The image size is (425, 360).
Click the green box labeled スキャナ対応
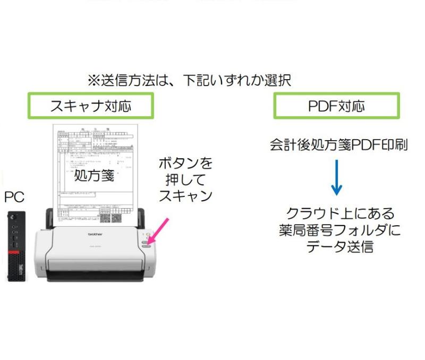coord(91,106)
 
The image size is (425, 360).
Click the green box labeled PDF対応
coord(336,106)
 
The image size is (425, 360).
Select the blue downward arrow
coord(336,177)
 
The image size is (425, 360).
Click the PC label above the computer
coord(14,197)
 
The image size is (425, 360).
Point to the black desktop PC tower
coord(16,247)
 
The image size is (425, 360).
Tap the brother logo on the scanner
coord(95,234)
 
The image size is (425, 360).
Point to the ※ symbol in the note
coord(93,81)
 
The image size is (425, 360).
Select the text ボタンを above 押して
coord(185,162)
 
